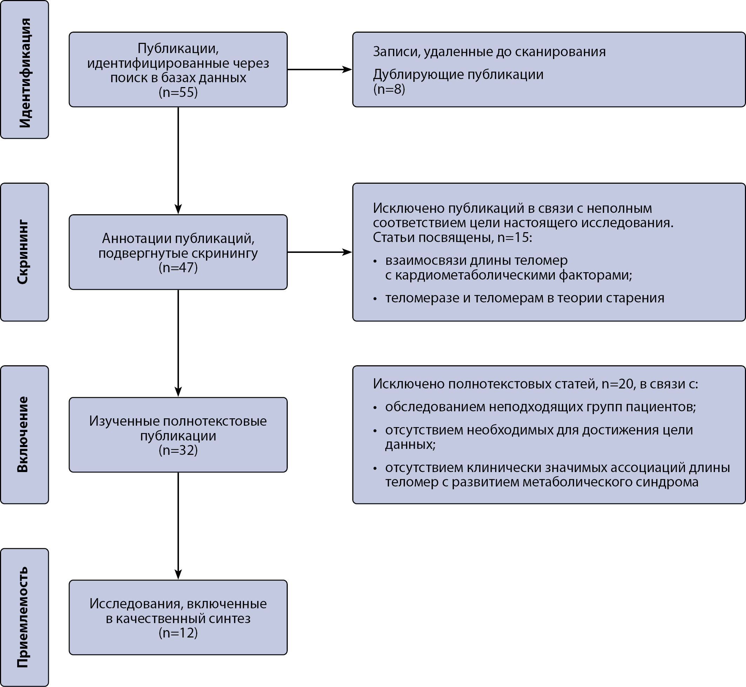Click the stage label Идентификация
coord(25,73)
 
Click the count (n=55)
coord(178,92)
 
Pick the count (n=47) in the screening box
coord(178,267)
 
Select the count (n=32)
coord(178,450)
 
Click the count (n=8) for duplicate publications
coord(389,89)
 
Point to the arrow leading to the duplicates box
coord(320,70)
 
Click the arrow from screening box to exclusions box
coord(320,252)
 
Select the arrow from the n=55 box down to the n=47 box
coord(178,161)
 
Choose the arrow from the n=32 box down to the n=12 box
coord(178,526)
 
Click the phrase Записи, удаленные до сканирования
coord(489,52)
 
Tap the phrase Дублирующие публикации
coord(458,74)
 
